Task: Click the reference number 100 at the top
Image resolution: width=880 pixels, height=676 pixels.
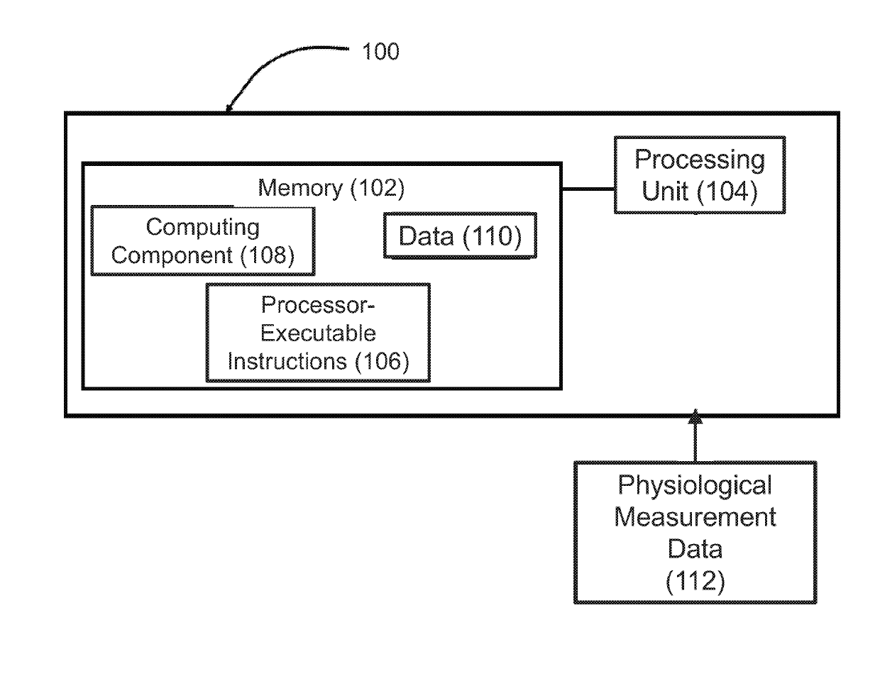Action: pos(380,51)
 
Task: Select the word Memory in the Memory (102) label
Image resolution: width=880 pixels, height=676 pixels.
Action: pos(300,188)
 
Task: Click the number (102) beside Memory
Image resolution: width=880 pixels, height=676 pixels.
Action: pos(377,188)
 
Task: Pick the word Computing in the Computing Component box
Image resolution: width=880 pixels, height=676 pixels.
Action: pos(202,228)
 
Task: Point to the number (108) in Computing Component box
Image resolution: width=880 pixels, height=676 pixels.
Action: pos(268,255)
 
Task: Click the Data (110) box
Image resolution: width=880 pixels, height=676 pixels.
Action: pos(460,236)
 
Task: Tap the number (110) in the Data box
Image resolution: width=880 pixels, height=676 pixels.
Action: pos(492,236)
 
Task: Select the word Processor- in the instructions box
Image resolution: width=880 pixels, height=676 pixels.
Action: pos(318,304)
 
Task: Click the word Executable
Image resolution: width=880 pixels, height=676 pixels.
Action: pos(318,333)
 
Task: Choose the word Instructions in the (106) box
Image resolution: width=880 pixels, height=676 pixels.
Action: pos(287,361)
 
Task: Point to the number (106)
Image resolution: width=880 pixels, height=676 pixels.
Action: pos(382,362)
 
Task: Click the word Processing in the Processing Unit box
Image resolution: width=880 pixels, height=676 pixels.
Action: pos(699,160)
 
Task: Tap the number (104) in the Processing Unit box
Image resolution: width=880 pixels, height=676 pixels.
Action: pos(727,191)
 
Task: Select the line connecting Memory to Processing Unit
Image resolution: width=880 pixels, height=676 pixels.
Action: pos(588,189)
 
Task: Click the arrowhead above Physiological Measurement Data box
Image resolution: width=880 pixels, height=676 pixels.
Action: pos(695,416)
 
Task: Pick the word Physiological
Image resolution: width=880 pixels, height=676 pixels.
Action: pos(695,485)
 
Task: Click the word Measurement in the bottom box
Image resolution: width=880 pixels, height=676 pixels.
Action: pos(695,517)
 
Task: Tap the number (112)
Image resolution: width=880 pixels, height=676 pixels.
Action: pos(695,582)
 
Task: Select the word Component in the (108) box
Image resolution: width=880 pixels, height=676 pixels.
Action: pos(172,256)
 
